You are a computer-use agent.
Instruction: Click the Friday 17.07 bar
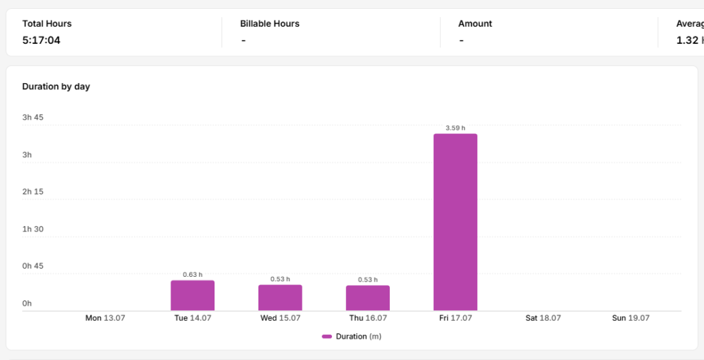coord(455,222)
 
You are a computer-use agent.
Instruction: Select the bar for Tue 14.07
coord(192,295)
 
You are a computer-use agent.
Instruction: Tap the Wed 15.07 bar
coord(280,297)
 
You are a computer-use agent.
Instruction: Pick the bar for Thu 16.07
coord(368,298)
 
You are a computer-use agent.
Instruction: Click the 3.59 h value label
coord(455,128)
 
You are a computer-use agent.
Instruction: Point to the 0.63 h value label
coord(192,275)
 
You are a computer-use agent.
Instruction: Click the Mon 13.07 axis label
coord(105,318)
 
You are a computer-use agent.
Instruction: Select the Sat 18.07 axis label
coord(543,318)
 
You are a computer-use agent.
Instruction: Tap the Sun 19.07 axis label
coord(631,318)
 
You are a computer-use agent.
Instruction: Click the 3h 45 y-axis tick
coord(33,117)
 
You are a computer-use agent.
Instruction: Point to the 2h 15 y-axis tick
coord(33,192)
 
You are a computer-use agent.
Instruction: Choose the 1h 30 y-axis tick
coord(33,229)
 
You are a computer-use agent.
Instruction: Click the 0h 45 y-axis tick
coord(33,266)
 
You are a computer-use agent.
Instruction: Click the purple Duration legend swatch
coord(327,337)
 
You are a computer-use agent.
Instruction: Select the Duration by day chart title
coord(56,87)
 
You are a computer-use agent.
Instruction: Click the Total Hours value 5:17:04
coord(41,41)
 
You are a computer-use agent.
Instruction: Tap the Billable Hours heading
coord(269,24)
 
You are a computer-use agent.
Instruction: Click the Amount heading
coord(475,24)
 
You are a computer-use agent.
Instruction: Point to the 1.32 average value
coord(687,41)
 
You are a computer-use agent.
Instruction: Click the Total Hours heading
coord(47,24)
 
